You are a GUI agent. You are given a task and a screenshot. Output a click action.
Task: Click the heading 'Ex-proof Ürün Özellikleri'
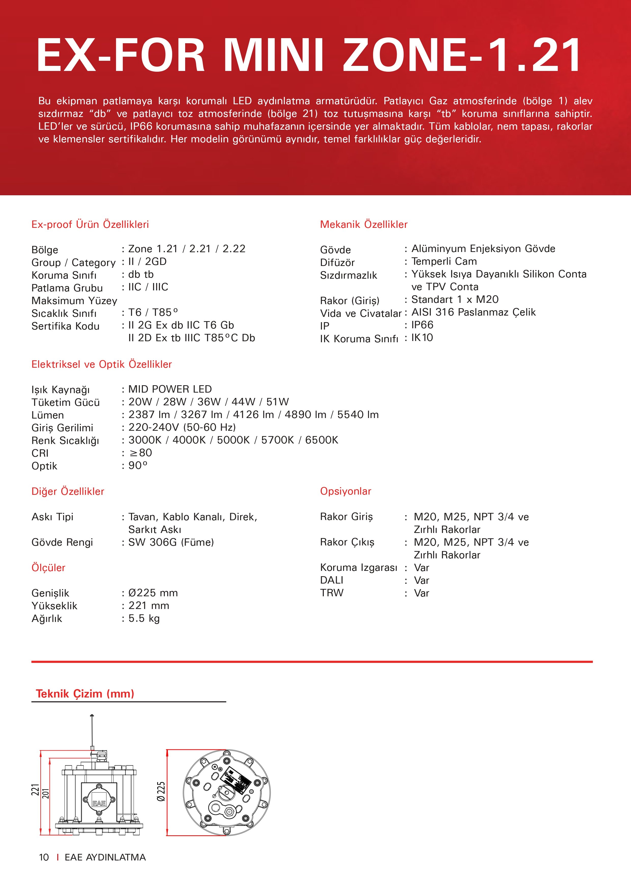tap(90, 224)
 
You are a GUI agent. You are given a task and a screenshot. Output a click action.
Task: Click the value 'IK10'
tap(422, 338)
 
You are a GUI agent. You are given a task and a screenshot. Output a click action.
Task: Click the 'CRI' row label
tap(40, 453)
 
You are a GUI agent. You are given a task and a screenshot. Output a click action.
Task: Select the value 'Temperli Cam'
tap(444, 261)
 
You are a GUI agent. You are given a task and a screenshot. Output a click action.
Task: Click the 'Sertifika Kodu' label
tap(65, 326)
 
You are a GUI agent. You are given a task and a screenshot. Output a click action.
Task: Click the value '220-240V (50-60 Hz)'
tap(182, 427)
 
